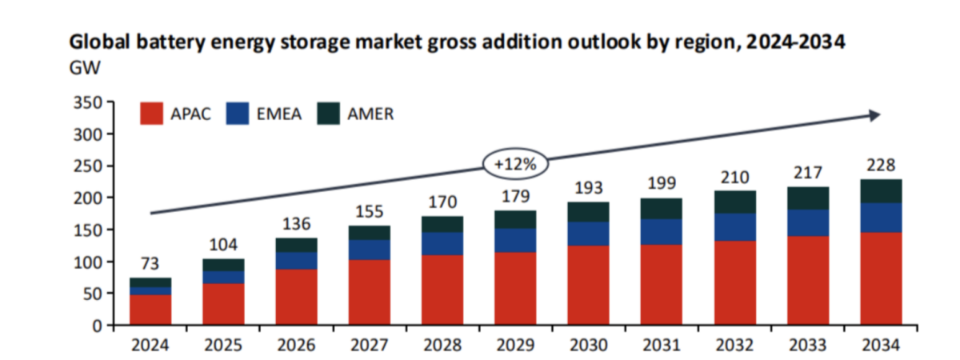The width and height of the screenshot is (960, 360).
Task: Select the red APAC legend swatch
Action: pyautogui.click(x=153, y=114)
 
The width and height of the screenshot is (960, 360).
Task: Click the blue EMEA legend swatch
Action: pyautogui.click(x=237, y=114)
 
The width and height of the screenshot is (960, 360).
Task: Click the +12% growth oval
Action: pyautogui.click(x=514, y=163)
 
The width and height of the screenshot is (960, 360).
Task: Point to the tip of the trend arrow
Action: pyautogui.click(x=878, y=115)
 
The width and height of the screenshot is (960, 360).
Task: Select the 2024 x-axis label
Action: pyautogui.click(x=151, y=346)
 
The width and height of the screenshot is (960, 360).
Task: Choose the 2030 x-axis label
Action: pyautogui.click(x=588, y=346)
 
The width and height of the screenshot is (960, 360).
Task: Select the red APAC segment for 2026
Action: pyautogui.click(x=297, y=297)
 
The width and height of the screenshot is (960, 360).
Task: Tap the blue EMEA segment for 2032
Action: pyautogui.click(x=734, y=226)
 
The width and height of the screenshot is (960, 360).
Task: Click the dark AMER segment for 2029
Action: pyautogui.click(x=515, y=219)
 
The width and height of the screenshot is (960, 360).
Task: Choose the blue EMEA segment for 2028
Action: pyautogui.click(x=442, y=243)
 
